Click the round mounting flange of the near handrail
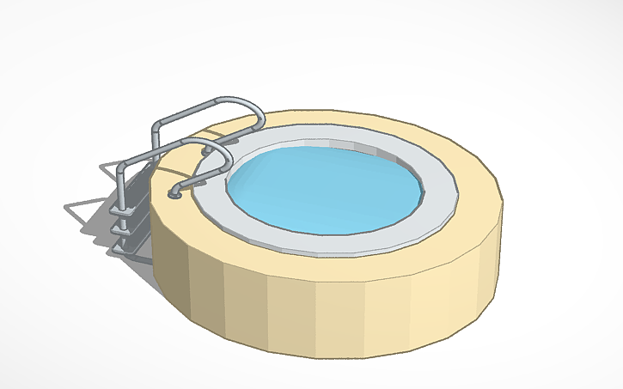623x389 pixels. (x=175, y=194)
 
